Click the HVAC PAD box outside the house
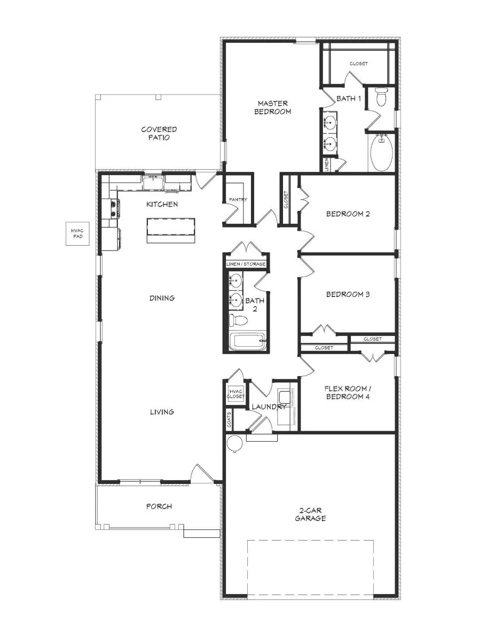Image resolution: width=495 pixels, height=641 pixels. tap(78, 233)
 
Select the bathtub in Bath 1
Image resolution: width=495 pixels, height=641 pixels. tap(381, 152)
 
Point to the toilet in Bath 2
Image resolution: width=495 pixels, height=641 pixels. tap(239, 320)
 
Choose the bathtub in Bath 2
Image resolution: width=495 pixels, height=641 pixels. tap(247, 342)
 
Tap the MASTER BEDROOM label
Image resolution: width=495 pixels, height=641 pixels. tap(272, 107)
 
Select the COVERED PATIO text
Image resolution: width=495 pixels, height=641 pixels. tap(159, 133)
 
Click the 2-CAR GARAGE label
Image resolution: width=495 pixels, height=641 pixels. tap(310, 514)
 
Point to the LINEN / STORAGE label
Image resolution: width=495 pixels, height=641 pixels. tap(246, 264)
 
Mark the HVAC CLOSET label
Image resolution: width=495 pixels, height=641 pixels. tap(235, 394)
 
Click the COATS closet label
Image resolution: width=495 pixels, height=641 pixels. tap(229, 419)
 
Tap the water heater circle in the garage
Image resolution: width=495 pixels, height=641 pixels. tap(234, 443)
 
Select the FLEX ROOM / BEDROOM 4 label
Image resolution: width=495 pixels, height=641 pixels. tap(347, 393)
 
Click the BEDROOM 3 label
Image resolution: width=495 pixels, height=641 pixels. tap(348, 294)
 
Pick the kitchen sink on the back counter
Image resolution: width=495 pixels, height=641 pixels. tap(154, 183)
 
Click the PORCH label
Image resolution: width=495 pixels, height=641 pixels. tap(159, 506)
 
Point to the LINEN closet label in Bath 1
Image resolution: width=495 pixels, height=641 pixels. tap(326, 165)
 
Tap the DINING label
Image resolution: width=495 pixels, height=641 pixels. tap(162, 298)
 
